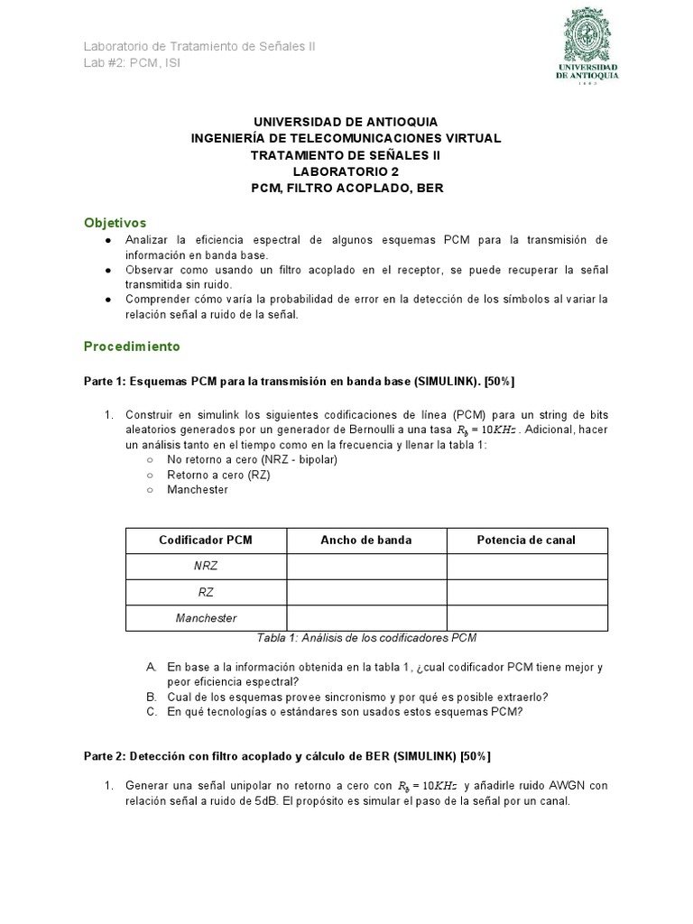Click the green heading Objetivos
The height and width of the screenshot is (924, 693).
(x=115, y=222)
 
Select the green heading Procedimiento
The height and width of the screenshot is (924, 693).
(x=132, y=346)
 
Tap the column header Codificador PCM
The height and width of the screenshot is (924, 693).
(x=206, y=541)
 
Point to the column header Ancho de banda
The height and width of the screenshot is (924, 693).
(x=366, y=541)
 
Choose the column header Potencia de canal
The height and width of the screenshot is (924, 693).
(x=526, y=541)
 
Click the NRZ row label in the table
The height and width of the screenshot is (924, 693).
(x=206, y=567)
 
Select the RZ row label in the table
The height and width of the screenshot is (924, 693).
(x=206, y=593)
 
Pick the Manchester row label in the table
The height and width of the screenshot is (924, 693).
(x=206, y=618)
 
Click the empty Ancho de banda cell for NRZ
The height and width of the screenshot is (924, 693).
(x=366, y=567)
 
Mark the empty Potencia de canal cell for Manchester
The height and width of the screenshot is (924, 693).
(x=527, y=618)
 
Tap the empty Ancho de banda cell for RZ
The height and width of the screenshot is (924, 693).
(x=366, y=593)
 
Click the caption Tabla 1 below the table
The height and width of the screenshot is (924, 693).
(x=366, y=638)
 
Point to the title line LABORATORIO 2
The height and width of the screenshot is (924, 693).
(x=346, y=171)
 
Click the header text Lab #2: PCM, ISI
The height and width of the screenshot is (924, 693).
(x=132, y=63)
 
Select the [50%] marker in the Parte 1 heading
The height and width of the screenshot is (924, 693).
(x=499, y=380)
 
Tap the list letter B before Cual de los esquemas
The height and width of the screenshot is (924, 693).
(x=151, y=698)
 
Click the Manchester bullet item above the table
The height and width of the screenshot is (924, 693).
(x=198, y=490)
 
